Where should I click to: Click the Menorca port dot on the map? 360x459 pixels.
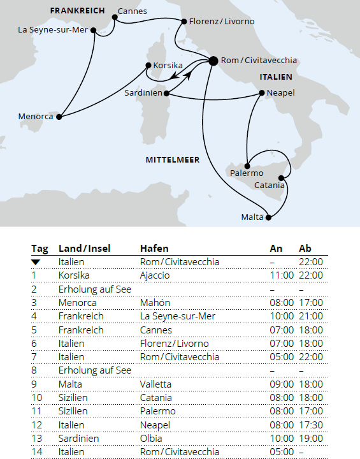[62, 117]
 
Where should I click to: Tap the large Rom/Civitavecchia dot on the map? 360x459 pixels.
[213, 61]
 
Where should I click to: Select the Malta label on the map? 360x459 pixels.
[252, 217]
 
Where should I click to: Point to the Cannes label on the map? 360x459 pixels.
[133, 11]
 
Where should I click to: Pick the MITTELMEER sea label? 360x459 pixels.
[173, 160]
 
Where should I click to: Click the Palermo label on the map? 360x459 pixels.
[245, 173]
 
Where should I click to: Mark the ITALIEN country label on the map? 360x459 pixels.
[275, 76]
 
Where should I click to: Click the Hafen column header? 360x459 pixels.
[154, 249]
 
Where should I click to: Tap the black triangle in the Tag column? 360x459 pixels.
[36, 262]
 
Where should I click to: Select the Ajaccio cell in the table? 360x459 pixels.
[155, 275]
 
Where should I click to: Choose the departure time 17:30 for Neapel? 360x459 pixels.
[311, 425]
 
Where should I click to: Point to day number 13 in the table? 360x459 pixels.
[36, 438]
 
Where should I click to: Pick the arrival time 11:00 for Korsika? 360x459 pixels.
[281, 275]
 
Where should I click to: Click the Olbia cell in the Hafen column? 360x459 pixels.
[151, 438]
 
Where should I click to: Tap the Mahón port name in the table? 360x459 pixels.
[155, 302]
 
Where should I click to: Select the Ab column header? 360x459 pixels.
[305, 249]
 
